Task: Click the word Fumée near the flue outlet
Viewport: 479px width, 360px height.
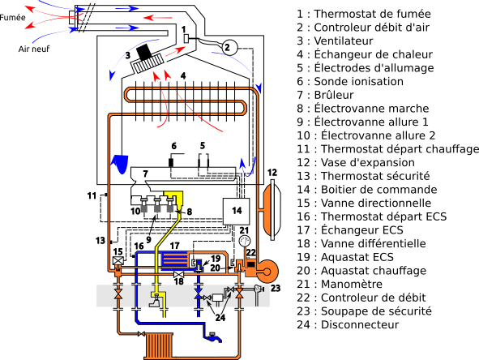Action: coord(12,17)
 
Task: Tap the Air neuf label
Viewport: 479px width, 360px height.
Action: coord(33,49)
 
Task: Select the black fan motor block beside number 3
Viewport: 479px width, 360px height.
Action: coord(144,52)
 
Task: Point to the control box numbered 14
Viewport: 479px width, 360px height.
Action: coord(236,212)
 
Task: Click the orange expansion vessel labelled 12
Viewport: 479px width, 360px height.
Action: coord(271,210)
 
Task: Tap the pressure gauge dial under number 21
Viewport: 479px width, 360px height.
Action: coord(245,241)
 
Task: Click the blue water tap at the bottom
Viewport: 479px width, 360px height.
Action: coord(213,337)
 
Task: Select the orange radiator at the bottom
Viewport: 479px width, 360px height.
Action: coord(160,345)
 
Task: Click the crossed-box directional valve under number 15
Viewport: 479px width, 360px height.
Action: coord(118,261)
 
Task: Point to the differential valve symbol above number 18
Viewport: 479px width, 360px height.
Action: coord(178,274)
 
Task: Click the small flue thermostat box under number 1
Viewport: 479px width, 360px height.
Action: coord(186,39)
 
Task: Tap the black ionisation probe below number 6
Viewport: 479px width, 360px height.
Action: coord(171,163)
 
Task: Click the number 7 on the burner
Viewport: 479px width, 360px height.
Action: coord(145,174)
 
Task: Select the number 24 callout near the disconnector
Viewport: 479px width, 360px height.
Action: coord(220,318)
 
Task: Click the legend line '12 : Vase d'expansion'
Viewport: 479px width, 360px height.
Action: coord(356,163)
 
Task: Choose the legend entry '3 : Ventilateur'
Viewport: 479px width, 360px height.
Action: coord(335,41)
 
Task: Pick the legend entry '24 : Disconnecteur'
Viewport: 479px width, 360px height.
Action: coord(348,324)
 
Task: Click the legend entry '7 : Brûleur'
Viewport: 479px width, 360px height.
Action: coord(325,95)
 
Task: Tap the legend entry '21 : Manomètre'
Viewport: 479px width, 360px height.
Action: coord(340,285)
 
